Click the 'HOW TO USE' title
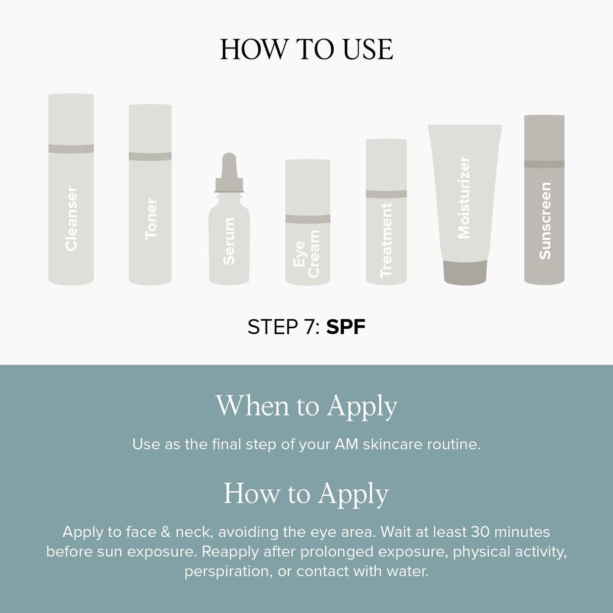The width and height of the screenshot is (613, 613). tap(306, 49)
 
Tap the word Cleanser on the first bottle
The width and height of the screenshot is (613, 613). tap(71, 218)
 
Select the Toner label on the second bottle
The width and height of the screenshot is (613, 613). tap(150, 218)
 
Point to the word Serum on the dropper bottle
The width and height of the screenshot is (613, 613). tap(229, 241)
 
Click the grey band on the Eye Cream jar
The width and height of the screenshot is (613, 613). tap(308, 219)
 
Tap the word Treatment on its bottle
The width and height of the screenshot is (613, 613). tap(386, 240)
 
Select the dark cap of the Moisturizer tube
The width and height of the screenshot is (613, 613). tap(465, 272)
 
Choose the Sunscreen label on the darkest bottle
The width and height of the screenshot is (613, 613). tap(544, 221)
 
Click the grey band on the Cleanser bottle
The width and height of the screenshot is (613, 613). tap(71, 148)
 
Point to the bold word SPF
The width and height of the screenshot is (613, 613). tap(345, 327)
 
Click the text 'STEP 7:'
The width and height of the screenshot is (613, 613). tap(283, 327)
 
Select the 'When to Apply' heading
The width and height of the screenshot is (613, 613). tap(306, 406)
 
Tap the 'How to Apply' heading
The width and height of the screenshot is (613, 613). tap(306, 494)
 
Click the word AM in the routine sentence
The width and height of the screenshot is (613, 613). tap(346, 444)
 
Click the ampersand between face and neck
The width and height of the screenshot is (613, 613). tap(165, 532)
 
